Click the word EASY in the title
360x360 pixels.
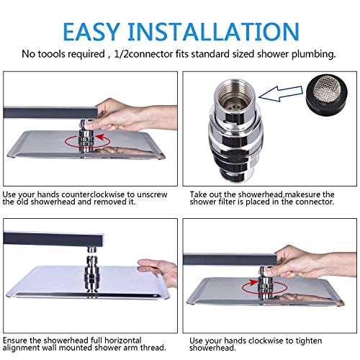tap(91, 32)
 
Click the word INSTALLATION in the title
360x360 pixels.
tap(214, 32)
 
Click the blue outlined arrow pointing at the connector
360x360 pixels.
tap(281, 94)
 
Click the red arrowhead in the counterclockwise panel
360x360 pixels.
tap(101, 137)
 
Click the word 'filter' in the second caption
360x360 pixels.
tap(228, 202)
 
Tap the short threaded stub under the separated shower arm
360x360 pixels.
tap(92, 250)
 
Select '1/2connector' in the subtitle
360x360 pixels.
tap(143, 54)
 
